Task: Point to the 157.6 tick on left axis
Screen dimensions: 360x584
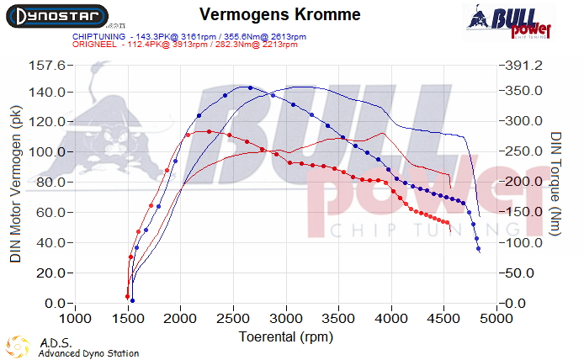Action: [x=47, y=66]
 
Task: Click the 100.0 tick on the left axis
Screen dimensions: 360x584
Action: [x=47, y=152]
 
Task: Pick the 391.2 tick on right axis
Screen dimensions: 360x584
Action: [x=525, y=66]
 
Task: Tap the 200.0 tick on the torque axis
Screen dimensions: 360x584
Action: [x=525, y=183]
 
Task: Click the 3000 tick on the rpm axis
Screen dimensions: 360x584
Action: [x=286, y=319]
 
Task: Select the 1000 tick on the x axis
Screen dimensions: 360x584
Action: [x=76, y=319]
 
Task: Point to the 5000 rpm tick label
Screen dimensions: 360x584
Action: [x=496, y=319]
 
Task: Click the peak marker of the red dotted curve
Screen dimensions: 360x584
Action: [x=196, y=131]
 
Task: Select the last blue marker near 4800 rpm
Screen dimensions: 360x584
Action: [x=478, y=249]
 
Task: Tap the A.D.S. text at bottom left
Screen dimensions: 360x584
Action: [x=50, y=343]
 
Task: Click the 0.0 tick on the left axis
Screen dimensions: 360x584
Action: [x=54, y=304]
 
